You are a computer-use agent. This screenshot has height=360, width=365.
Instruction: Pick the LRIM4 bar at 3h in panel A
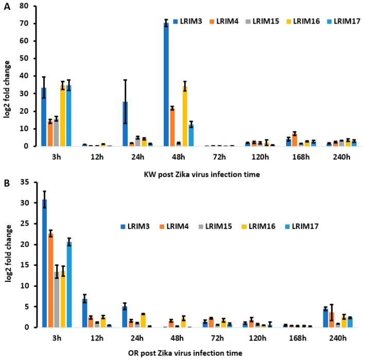50,134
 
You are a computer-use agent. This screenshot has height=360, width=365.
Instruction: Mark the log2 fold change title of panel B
7,255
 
